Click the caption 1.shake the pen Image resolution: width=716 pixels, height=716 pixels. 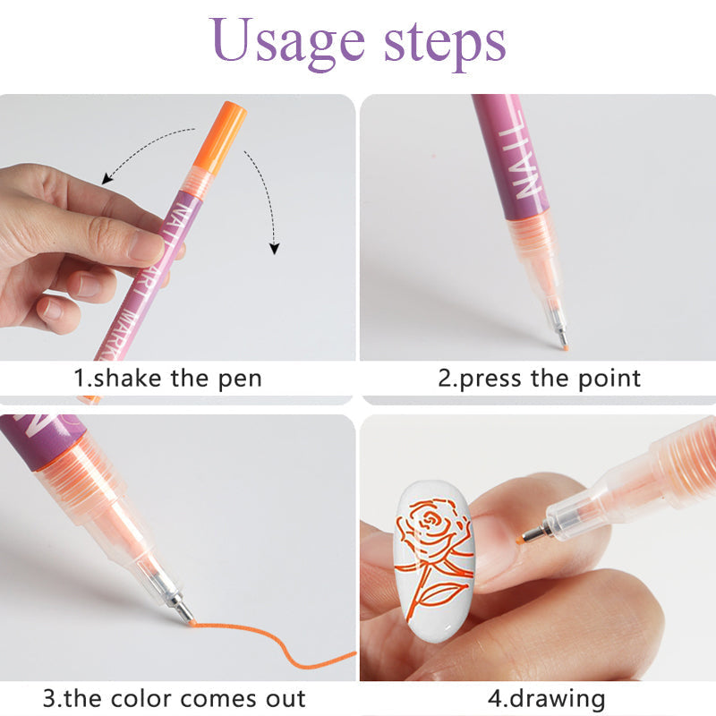coord(167,378)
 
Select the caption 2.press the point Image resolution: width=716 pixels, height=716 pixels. coord(539,378)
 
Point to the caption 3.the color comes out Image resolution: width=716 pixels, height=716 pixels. coord(174,698)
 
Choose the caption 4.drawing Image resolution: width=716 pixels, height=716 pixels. coord(547,698)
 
